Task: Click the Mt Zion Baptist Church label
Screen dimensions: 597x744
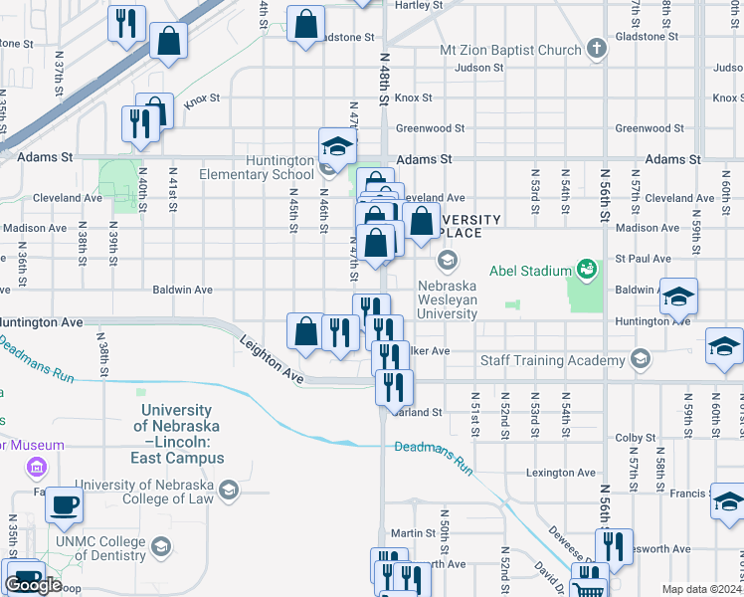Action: tap(510, 50)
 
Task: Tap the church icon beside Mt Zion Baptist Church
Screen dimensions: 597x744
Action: tap(596, 49)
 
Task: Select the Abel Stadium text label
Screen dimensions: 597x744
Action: tap(529, 270)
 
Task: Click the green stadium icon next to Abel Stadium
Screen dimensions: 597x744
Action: tap(587, 269)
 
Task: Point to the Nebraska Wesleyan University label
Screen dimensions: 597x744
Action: tap(446, 298)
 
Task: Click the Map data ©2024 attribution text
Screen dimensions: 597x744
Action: tap(701, 589)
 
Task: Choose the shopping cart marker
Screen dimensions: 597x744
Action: tap(588, 587)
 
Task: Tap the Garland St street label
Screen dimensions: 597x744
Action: tap(418, 412)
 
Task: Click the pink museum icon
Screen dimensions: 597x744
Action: tap(38, 467)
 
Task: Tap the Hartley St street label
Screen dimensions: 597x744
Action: tap(419, 5)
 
